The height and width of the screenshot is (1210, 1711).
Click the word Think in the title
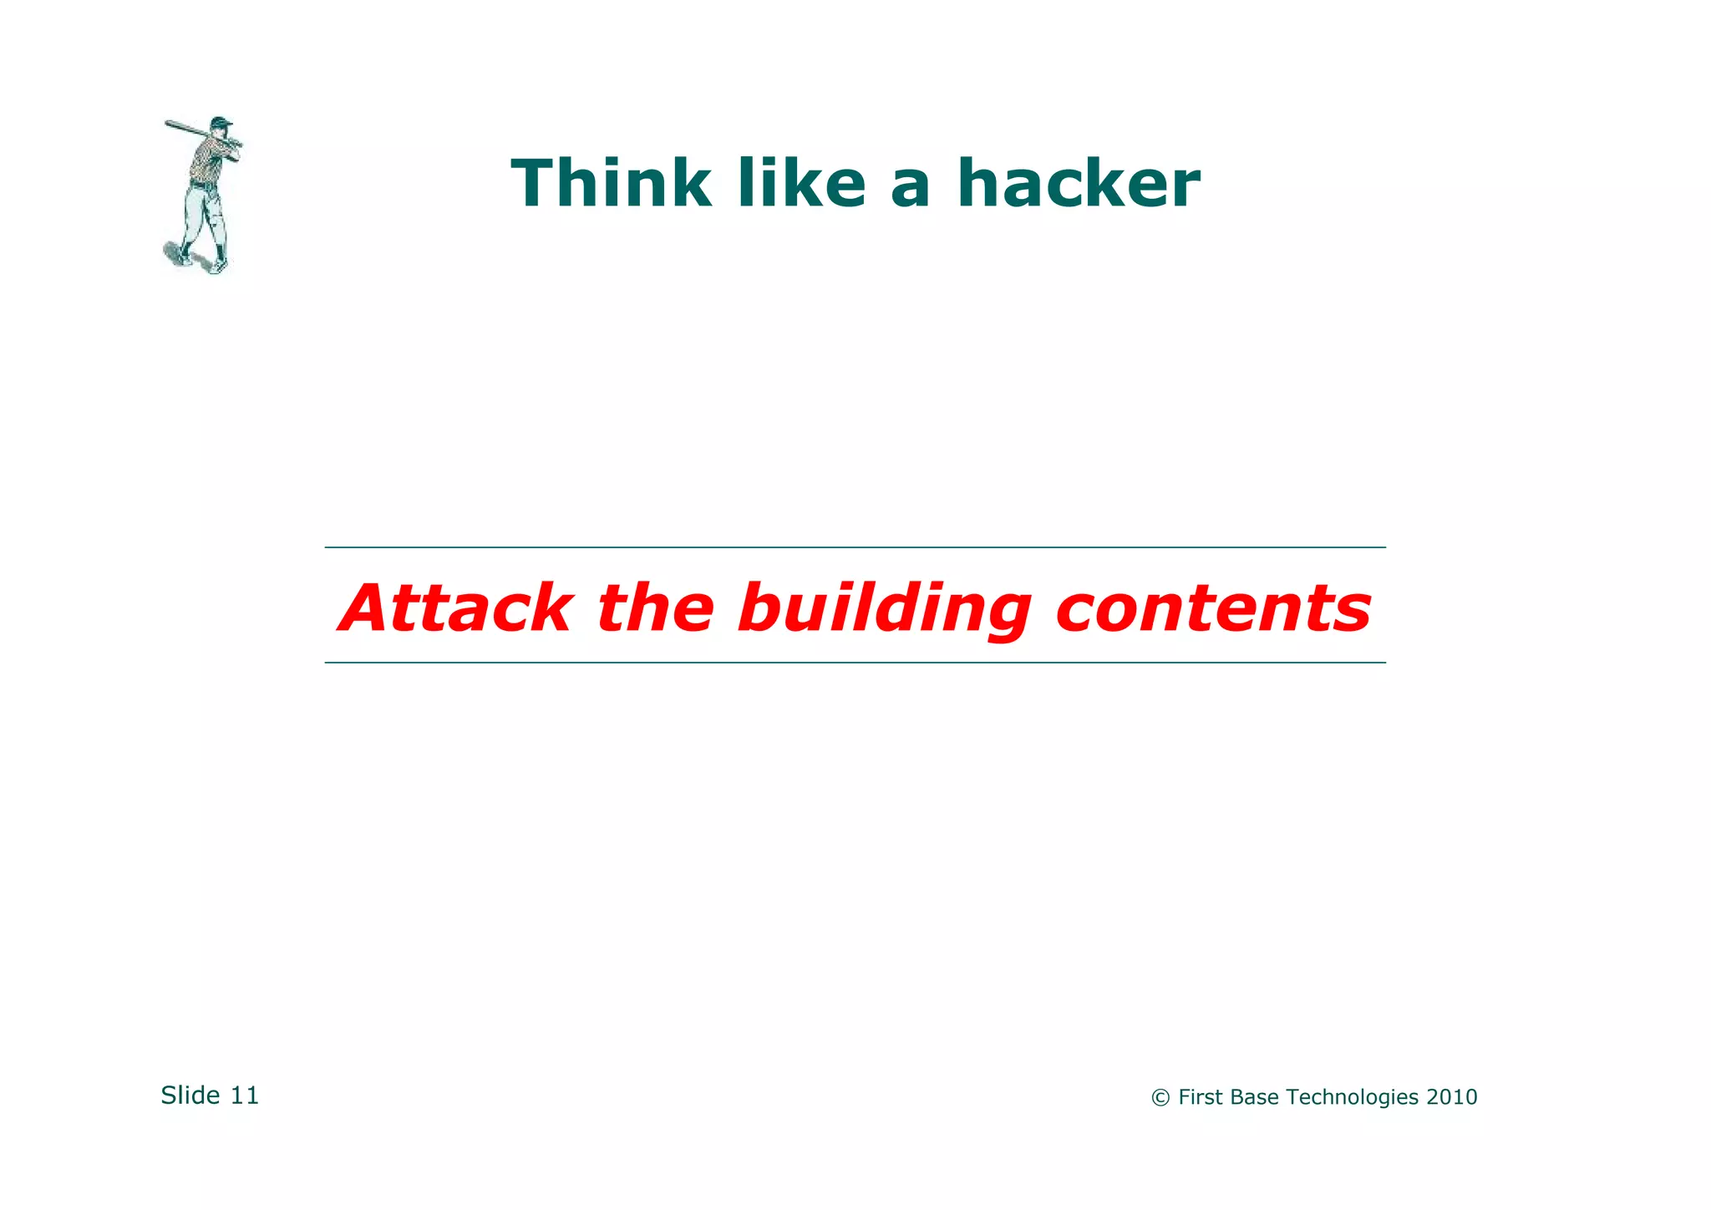[x=611, y=184]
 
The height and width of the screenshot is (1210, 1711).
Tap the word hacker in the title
[x=1078, y=184]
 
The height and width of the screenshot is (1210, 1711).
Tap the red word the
[x=656, y=608]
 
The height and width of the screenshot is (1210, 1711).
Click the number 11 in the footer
[x=245, y=1096]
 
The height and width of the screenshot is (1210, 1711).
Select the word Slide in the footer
[x=190, y=1096]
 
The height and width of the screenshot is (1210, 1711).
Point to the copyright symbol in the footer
[x=1160, y=1098]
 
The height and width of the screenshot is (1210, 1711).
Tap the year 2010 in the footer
[x=1451, y=1097]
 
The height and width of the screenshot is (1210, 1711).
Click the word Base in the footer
[x=1254, y=1097]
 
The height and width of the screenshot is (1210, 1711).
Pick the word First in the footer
[x=1201, y=1097]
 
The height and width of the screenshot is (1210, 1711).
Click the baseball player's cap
[x=221, y=122]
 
